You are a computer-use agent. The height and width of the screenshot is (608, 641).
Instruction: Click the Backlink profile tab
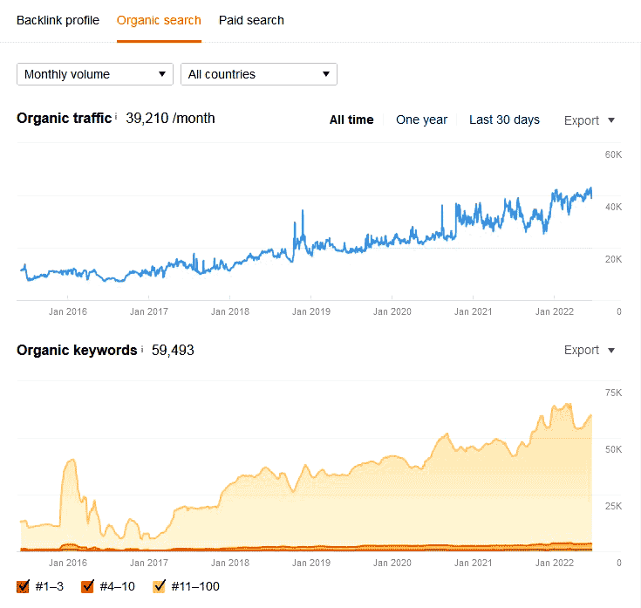[x=58, y=20]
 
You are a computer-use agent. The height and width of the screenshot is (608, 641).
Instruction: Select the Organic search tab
[x=159, y=20]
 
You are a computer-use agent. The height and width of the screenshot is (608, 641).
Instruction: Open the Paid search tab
[x=251, y=20]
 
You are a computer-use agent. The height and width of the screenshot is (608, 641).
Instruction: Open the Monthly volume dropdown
[x=95, y=74]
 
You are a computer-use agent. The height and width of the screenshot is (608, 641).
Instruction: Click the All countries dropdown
[x=259, y=74]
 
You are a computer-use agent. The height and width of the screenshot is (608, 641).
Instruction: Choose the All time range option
[x=351, y=120]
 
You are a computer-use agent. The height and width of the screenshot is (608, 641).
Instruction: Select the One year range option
[x=421, y=120]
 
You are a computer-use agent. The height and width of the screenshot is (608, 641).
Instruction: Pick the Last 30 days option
[x=504, y=120]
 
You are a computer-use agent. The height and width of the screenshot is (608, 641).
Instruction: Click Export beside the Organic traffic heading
[x=590, y=120]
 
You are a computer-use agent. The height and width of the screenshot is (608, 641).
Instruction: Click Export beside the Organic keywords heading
[x=590, y=350]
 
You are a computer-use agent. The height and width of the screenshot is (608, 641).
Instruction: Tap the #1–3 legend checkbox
[x=24, y=586]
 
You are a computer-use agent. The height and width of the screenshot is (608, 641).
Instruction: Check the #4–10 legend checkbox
[x=87, y=586]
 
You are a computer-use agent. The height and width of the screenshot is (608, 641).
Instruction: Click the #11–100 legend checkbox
[x=160, y=586]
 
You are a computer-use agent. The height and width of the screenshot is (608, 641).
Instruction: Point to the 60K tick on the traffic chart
[x=613, y=155]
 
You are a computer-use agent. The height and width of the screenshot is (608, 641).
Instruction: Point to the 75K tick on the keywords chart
[x=613, y=393]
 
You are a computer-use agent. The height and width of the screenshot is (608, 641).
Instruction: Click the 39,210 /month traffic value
[x=170, y=119]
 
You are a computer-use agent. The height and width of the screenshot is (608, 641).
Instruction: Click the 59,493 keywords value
[x=173, y=350]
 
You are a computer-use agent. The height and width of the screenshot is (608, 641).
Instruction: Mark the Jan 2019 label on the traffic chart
[x=310, y=311]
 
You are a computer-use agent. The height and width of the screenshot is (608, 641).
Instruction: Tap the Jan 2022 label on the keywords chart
[x=555, y=563]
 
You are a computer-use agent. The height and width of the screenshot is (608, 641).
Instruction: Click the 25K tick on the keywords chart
[x=613, y=506]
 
